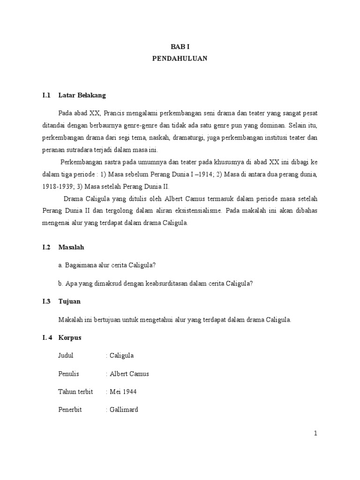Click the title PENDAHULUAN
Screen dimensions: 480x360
(180, 59)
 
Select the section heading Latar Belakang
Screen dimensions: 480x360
(82, 95)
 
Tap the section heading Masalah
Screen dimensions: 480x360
(71, 247)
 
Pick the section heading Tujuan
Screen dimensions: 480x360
(70, 301)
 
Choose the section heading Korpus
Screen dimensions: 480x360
(71, 337)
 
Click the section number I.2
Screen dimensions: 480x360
(46, 247)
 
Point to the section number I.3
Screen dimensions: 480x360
(46, 301)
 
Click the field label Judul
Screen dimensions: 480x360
(66, 355)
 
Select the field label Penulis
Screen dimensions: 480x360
(68, 374)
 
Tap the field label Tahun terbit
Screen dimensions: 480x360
(75, 391)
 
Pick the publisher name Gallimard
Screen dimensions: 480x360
(124, 409)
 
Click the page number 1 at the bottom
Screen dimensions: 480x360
(316, 434)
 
